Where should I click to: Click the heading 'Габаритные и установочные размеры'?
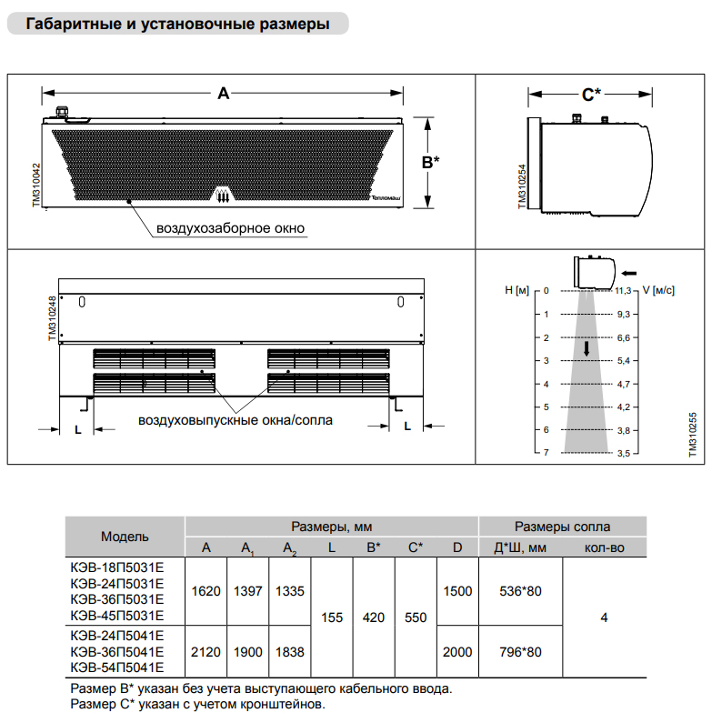pyautogui.click(x=178, y=25)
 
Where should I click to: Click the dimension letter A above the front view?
pyautogui.click(x=223, y=93)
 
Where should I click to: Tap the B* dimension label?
pyautogui.click(x=430, y=162)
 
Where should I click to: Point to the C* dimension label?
pyautogui.click(x=591, y=93)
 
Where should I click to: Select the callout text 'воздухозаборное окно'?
pyautogui.click(x=231, y=228)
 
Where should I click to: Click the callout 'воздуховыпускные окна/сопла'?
pyautogui.click(x=236, y=420)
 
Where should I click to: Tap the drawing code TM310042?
pyautogui.click(x=36, y=186)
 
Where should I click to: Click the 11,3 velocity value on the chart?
pyautogui.click(x=623, y=291)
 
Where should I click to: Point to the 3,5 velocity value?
pyautogui.click(x=623, y=452)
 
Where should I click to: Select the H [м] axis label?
pyautogui.click(x=516, y=291)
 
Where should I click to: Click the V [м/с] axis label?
pyautogui.click(x=658, y=291)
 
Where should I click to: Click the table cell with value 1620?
pyautogui.click(x=206, y=591)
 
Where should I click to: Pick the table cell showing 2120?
pyautogui.click(x=206, y=652)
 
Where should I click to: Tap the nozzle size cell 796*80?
pyautogui.click(x=520, y=652)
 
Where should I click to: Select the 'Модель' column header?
pyautogui.click(x=125, y=537)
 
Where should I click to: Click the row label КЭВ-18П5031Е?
pyautogui.click(x=116, y=567)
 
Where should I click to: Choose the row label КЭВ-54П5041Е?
pyautogui.click(x=116, y=668)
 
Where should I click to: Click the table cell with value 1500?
pyautogui.click(x=457, y=591)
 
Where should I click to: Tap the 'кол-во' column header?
pyautogui.click(x=604, y=547)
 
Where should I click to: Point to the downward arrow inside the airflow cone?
pyautogui.click(x=587, y=348)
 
